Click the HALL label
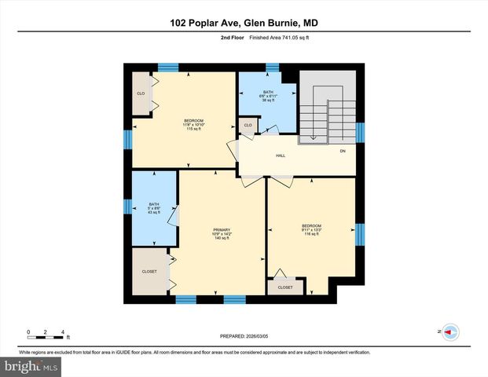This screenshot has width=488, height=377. [280, 156]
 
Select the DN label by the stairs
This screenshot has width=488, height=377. [343, 151]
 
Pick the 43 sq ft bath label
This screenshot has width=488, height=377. [154, 208]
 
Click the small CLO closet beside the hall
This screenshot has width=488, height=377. [248, 126]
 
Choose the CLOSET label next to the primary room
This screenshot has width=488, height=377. [149, 272]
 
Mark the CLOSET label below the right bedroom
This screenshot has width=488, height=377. [285, 287]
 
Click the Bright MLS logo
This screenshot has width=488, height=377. [31, 366]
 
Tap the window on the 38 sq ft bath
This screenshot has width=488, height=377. [273, 68]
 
